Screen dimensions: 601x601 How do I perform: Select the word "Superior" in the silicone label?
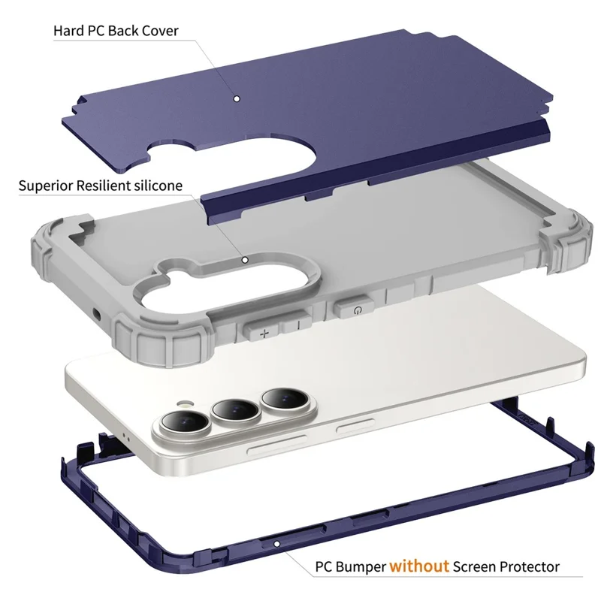click(x=46, y=186)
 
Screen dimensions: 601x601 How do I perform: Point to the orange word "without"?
click(x=419, y=566)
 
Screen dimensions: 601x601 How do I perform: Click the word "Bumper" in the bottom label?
click(x=361, y=567)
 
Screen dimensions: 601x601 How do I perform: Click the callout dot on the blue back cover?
click(x=237, y=99)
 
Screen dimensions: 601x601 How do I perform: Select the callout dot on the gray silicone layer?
click(x=245, y=260)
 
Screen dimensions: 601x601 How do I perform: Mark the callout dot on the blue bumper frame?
click(x=276, y=544)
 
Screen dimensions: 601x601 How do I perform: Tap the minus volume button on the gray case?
click(x=297, y=323)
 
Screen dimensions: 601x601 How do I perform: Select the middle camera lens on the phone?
click(x=235, y=410)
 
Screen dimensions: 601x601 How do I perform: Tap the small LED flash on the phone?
click(x=185, y=403)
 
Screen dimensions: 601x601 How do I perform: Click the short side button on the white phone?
click(x=355, y=426)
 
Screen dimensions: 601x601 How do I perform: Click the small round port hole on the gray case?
click(x=96, y=316)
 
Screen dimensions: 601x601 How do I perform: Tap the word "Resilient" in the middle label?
click(x=104, y=186)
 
